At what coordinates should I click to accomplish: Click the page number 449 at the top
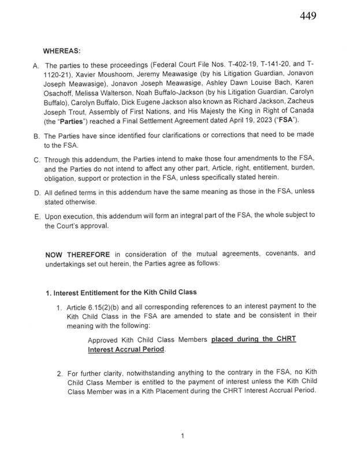[x=308, y=16]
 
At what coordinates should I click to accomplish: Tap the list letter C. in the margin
[x=35, y=160]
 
